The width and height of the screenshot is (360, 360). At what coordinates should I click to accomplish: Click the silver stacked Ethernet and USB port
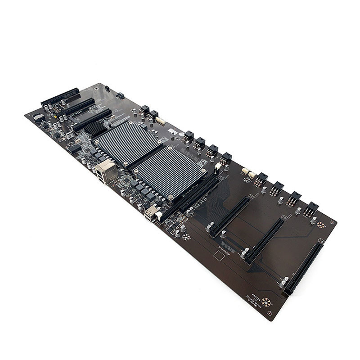point(106,171)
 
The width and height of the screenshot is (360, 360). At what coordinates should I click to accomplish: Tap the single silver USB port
point(151,212)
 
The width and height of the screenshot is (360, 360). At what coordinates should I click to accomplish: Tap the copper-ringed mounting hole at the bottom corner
point(266,302)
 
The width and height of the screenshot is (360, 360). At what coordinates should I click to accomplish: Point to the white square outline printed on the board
point(219,256)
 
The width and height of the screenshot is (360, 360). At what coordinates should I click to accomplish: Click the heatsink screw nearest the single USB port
point(170,197)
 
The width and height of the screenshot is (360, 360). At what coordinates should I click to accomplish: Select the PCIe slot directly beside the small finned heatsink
point(92,119)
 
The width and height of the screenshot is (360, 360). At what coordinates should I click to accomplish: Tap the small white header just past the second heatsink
point(218,166)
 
